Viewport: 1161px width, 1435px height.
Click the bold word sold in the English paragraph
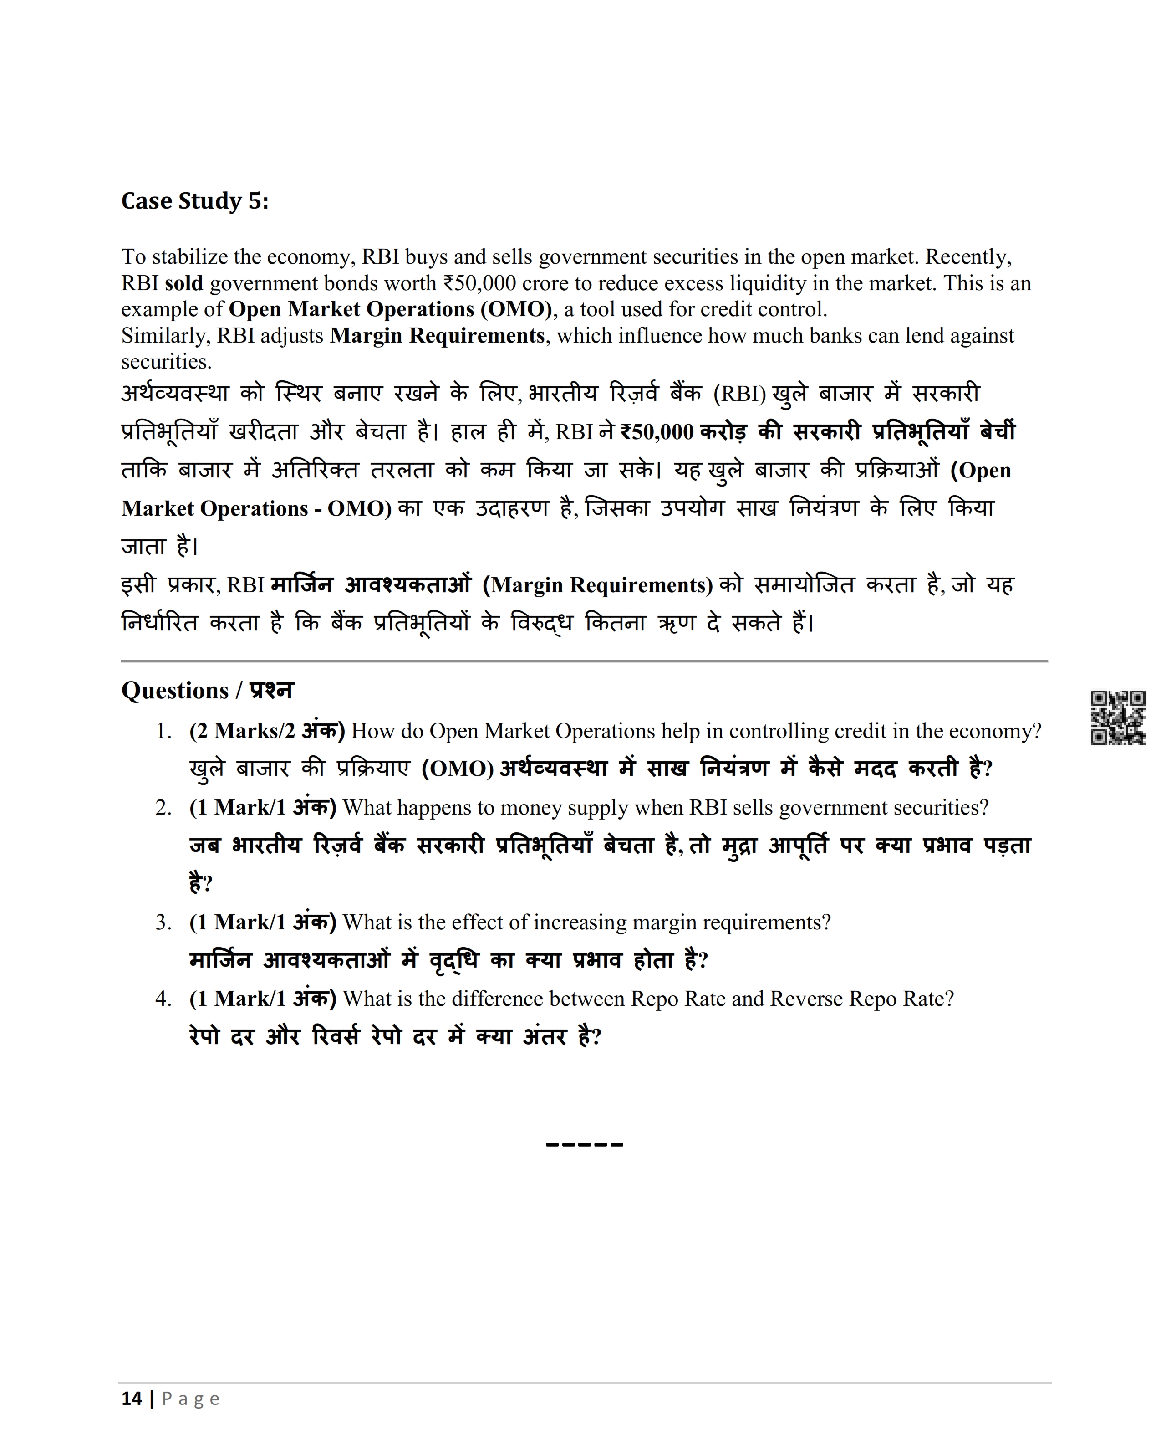(x=184, y=284)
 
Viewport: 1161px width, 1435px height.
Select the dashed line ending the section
(x=585, y=1145)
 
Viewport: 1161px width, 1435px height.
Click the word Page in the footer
(x=191, y=1399)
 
